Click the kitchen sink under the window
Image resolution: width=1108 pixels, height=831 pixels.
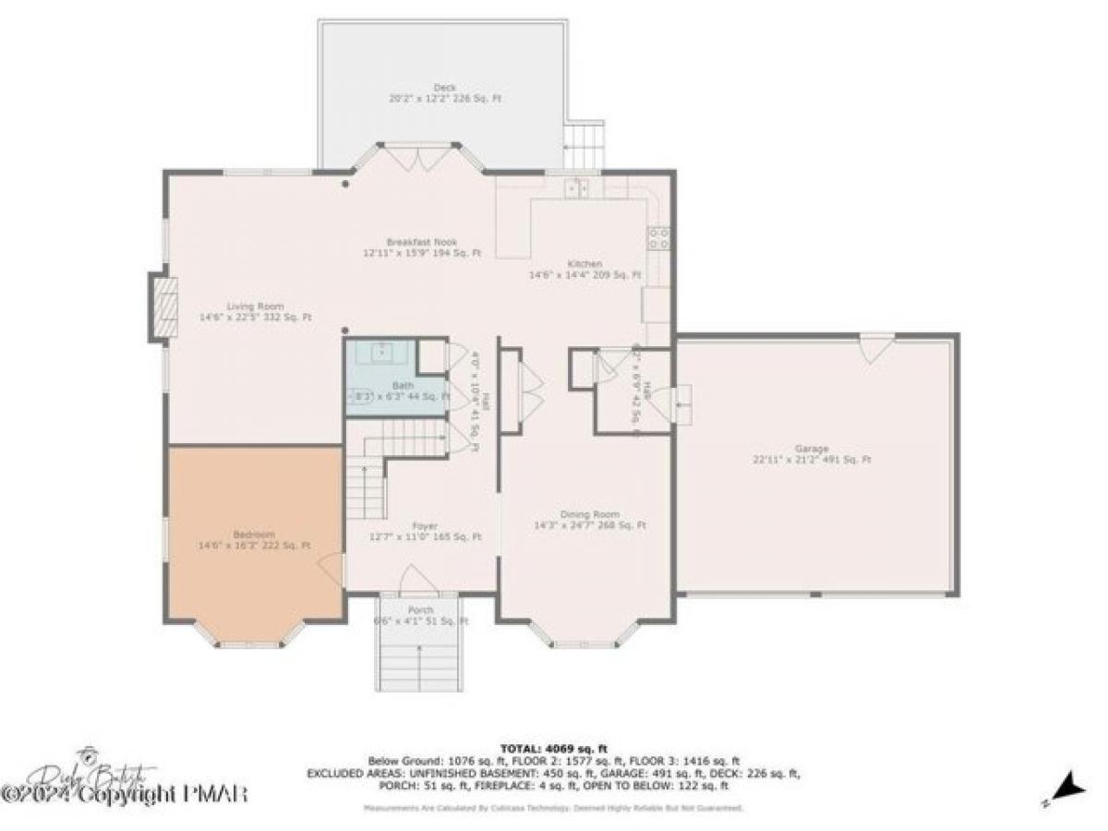pyautogui.click(x=578, y=187)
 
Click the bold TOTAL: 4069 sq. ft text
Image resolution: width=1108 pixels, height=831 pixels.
pyautogui.click(x=553, y=748)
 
